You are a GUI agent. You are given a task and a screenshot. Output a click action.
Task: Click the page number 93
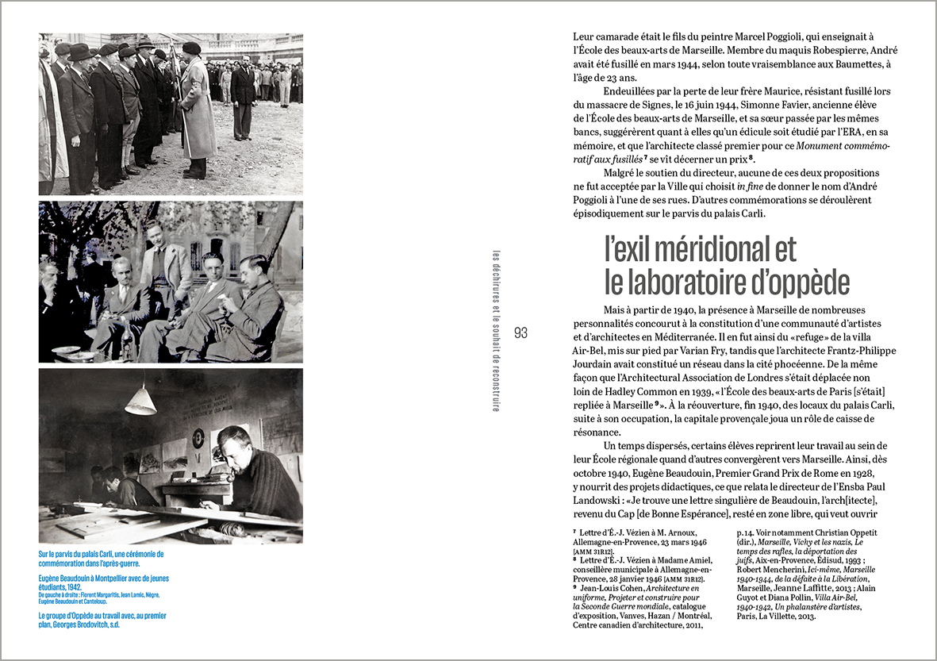click(520, 332)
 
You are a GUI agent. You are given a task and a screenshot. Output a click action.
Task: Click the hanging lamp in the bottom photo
click(140, 401)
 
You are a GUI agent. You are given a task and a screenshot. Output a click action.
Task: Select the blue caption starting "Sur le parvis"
click(101, 559)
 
